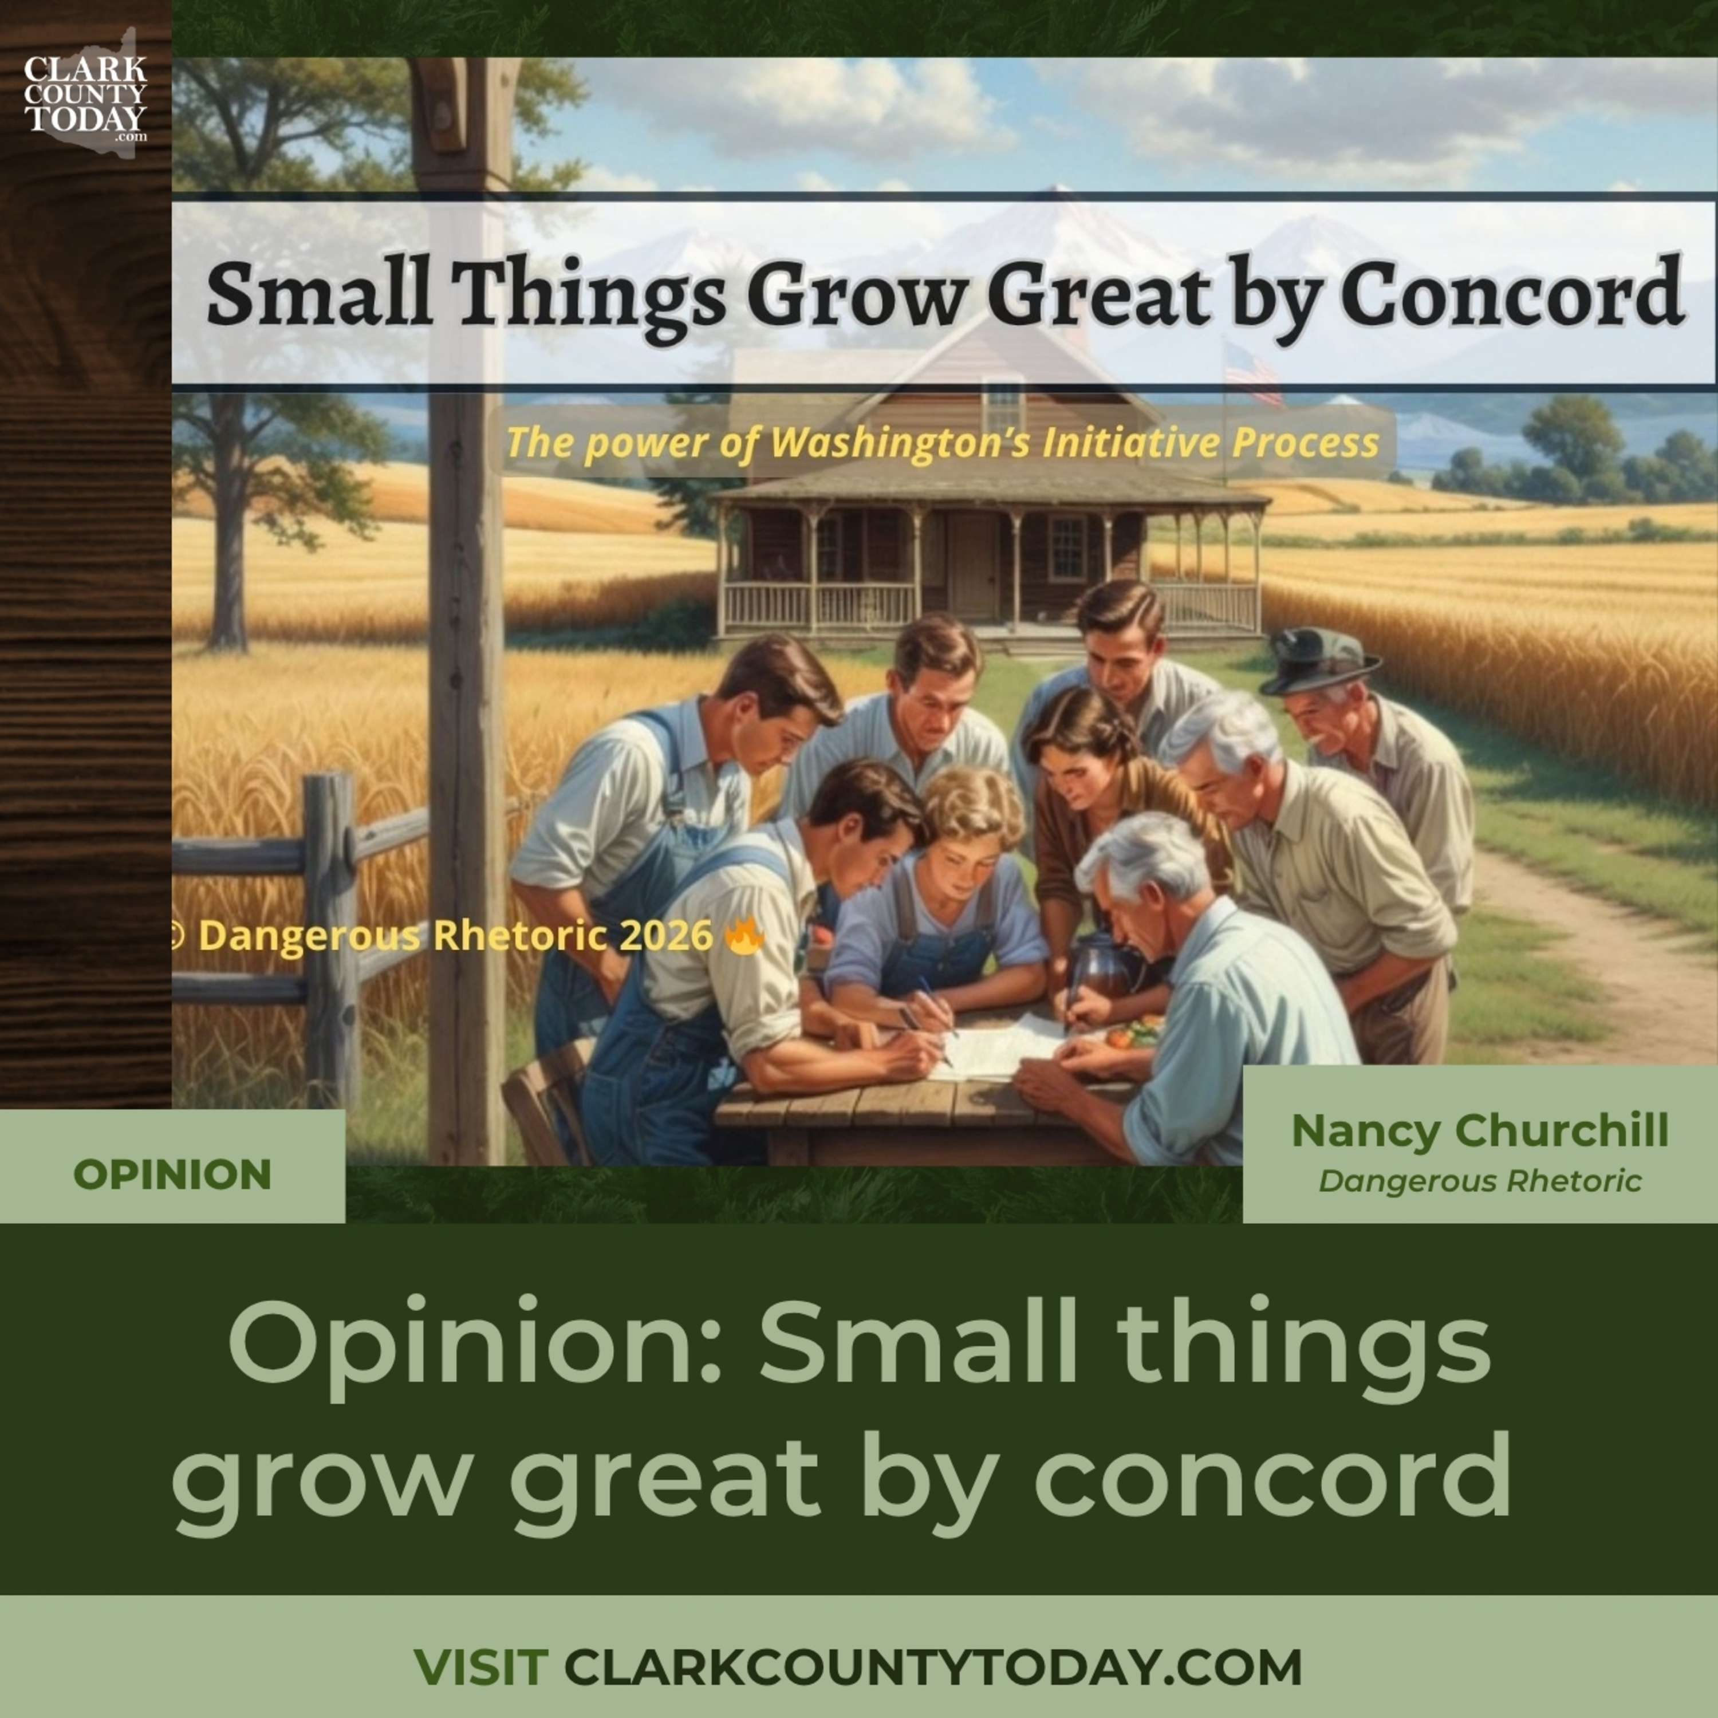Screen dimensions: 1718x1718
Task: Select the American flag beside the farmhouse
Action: point(1252,372)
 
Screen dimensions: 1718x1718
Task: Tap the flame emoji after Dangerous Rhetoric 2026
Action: point(744,936)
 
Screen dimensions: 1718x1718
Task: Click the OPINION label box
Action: point(172,1174)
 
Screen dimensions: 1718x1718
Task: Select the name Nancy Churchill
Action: point(1479,1131)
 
